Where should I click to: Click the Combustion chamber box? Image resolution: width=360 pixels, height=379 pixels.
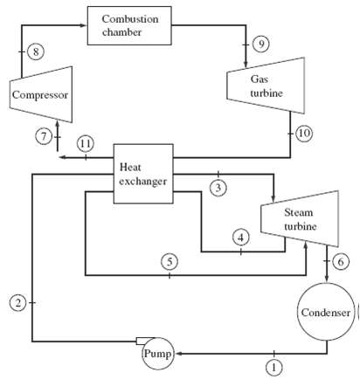(131, 25)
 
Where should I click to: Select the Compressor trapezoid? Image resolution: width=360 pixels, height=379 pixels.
(39, 93)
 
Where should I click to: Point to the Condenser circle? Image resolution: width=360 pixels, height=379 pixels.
(326, 312)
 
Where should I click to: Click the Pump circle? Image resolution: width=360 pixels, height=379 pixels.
(158, 354)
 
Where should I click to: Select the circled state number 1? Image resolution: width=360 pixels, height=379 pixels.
(274, 367)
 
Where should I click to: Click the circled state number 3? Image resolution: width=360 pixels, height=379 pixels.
(218, 188)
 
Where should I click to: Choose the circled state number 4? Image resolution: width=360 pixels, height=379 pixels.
(240, 236)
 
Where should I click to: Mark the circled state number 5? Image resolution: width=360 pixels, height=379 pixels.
(170, 261)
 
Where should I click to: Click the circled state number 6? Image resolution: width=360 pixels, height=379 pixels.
(342, 261)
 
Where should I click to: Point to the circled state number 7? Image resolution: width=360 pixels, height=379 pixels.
(42, 135)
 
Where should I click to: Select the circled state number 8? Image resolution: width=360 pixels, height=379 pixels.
(35, 52)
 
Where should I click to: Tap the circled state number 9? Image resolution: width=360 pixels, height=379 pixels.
(260, 44)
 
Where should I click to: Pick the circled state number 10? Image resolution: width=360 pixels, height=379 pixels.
(303, 133)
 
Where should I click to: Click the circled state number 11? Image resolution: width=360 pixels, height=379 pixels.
(85, 142)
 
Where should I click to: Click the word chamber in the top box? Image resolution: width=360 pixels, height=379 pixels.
(131, 32)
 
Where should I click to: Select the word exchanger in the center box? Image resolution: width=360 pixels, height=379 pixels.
(142, 181)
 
